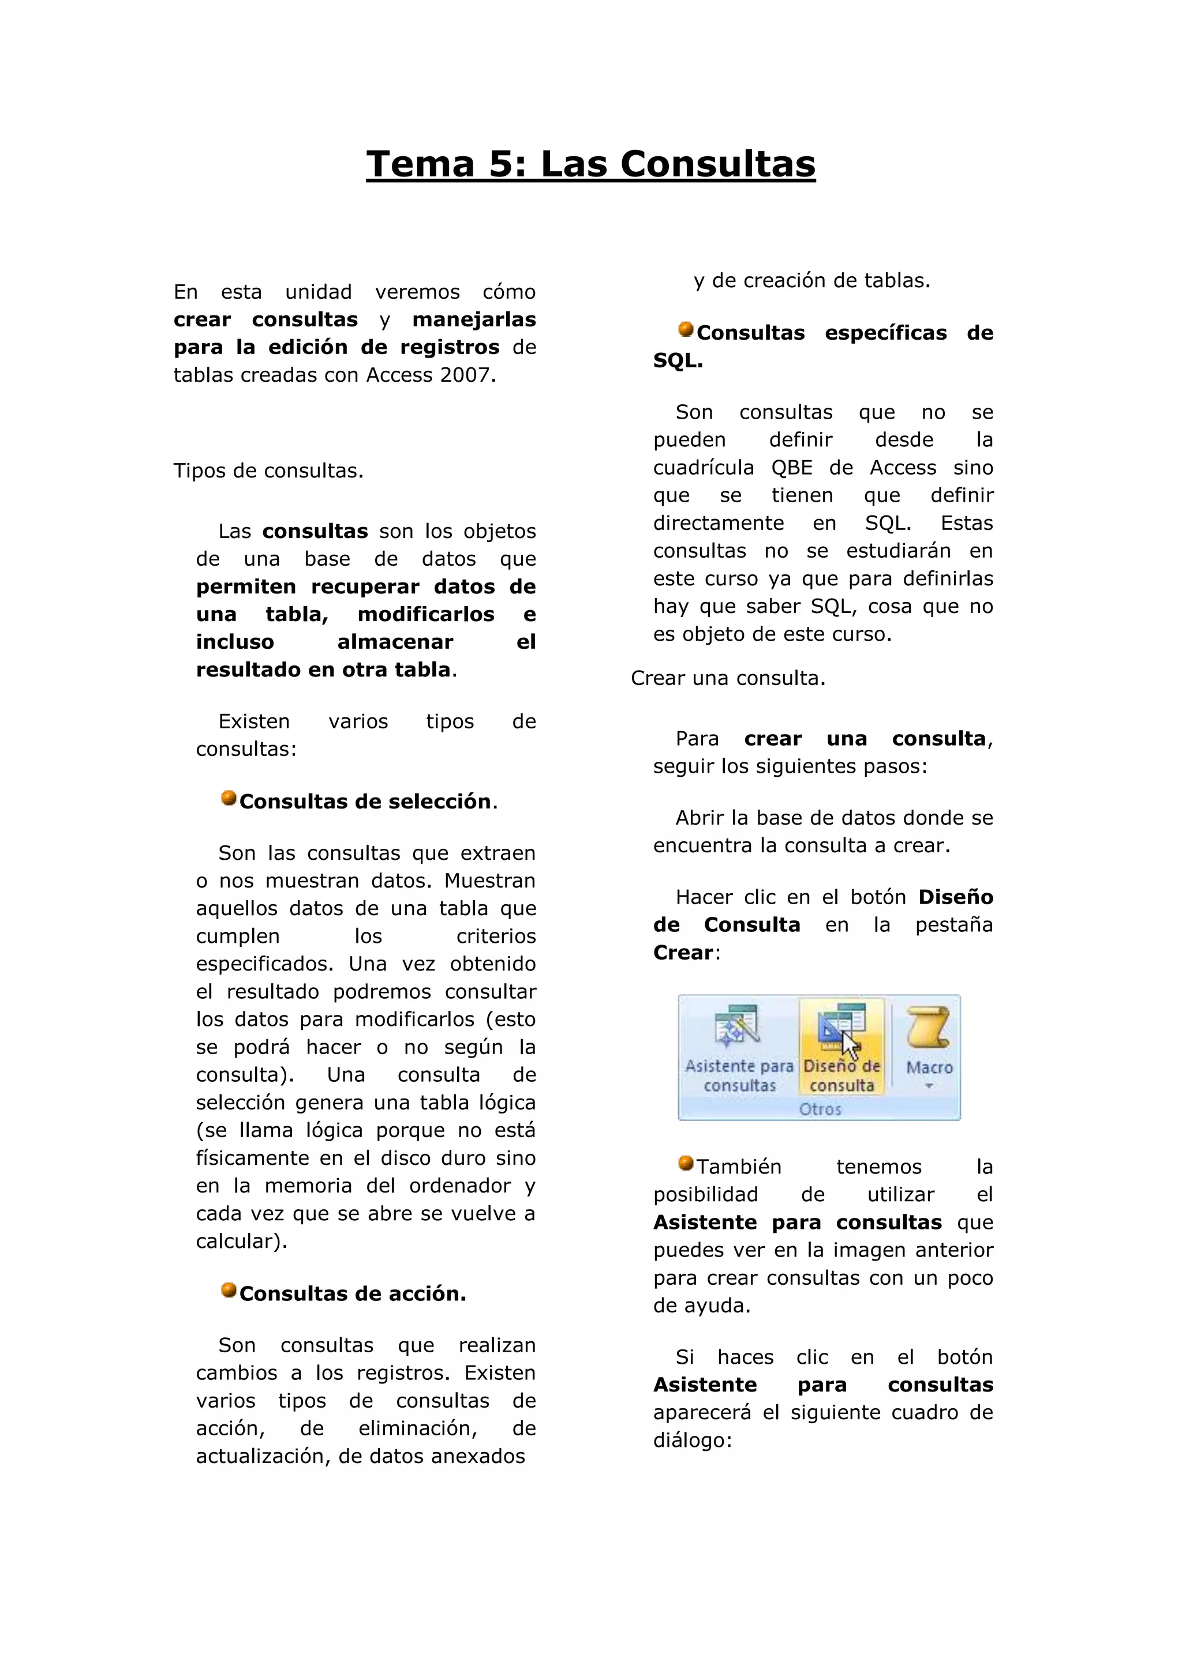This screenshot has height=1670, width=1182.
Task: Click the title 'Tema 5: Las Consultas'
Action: point(590,164)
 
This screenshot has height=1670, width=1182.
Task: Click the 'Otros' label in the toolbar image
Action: point(820,1109)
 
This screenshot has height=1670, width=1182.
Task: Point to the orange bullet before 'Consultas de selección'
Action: point(229,798)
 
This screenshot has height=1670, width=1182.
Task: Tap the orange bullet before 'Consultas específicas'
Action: point(686,329)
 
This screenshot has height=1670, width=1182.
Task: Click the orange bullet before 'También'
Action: point(686,1163)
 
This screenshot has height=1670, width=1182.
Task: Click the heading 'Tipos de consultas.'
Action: point(268,471)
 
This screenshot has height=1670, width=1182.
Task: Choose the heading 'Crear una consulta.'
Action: point(728,679)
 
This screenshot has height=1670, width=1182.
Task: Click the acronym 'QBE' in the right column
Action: point(791,468)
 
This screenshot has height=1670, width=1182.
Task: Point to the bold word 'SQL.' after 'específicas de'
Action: point(678,361)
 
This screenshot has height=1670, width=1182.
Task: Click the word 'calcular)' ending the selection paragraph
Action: point(241,1242)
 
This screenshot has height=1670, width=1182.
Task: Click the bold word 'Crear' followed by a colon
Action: point(683,953)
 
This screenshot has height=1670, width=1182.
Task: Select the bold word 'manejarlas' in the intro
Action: point(474,319)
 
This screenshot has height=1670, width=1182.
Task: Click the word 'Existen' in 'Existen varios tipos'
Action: point(254,721)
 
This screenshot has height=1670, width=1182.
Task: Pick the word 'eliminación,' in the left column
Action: point(418,1428)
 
